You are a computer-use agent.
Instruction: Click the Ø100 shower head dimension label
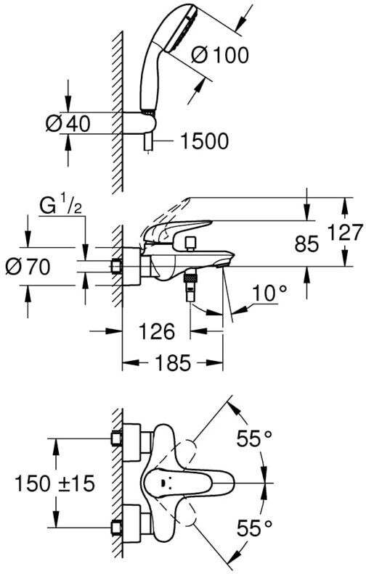coord(220,55)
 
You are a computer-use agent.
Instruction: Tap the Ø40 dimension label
coord(68,123)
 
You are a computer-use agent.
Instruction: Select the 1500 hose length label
coord(205,141)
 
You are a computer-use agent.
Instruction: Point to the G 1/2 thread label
coord(60,207)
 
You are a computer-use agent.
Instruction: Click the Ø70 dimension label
coord(28,267)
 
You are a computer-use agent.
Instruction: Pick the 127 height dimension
coord(346,233)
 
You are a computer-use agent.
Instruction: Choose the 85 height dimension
coord(306,244)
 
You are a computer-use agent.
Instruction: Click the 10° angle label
coord(269,293)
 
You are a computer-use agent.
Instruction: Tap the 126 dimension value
coord(157,332)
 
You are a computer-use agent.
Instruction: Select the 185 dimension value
coord(173,363)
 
